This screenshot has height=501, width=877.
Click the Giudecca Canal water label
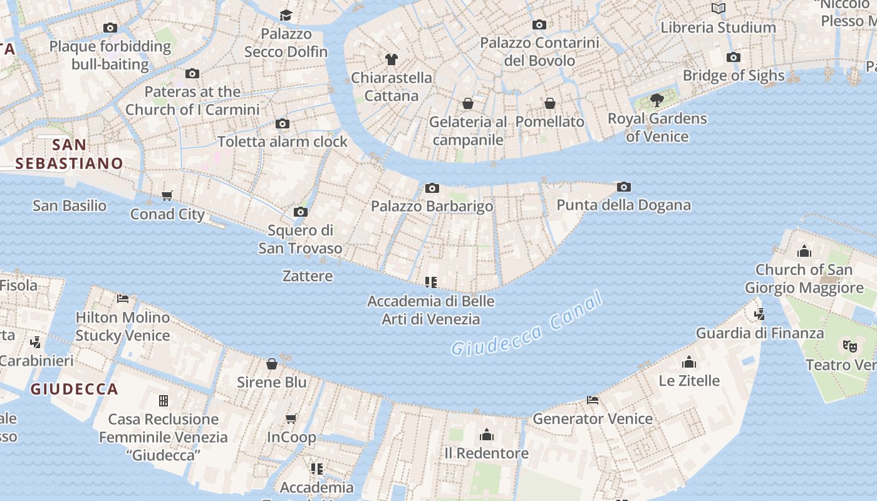[526, 326]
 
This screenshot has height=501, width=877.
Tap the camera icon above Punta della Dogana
[623, 187]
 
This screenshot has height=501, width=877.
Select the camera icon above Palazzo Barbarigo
[432, 189]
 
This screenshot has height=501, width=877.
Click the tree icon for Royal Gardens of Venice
[656, 100]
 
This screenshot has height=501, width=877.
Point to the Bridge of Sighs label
[733, 76]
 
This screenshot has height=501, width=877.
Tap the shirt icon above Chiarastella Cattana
[392, 59]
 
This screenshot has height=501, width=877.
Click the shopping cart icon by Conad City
[167, 196]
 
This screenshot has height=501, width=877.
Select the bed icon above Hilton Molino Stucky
[123, 299]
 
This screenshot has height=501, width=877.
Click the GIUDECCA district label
[74, 390]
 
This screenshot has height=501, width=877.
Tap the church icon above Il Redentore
[487, 435]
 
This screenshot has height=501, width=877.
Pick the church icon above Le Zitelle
[689, 362]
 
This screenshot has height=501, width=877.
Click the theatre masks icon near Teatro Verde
[849, 346]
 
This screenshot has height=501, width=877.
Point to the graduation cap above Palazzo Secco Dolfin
[286, 15]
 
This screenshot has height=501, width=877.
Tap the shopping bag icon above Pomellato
[549, 103]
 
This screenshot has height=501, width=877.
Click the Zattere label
[308, 276]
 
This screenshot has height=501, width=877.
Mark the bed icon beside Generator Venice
[593, 400]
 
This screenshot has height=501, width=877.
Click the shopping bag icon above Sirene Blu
[272, 364]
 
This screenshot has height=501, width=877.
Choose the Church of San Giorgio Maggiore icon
[804, 252]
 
